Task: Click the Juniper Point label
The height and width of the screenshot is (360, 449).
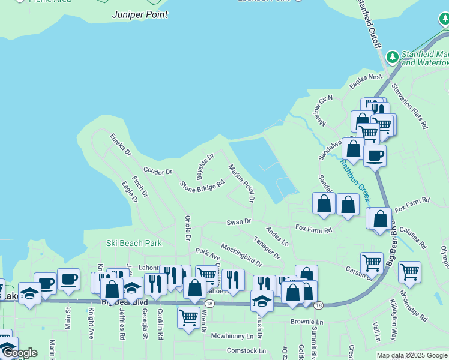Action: [x=140, y=14]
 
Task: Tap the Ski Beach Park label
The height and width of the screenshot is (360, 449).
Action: [x=134, y=243]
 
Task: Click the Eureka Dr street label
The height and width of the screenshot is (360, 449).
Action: [x=120, y=145]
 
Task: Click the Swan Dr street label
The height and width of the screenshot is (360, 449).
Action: [x=238, y=222]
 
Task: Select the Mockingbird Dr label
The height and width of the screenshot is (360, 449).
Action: [x=241, y=254]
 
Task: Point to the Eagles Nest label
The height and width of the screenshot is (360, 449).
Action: [x=366, y=77]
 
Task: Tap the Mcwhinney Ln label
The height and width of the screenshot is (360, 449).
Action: [x=234, y=336]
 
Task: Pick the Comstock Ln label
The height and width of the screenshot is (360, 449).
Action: [x=246, y=350]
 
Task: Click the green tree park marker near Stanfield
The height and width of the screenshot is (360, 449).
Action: [x=393, y=57]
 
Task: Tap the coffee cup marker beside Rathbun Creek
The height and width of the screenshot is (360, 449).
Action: [x=375, y=156]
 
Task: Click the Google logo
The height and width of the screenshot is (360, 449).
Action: [x=19, y=353]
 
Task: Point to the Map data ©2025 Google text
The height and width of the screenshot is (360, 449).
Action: [x=412, y=355]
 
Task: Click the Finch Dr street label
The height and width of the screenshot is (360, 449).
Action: [x=140, y=187]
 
